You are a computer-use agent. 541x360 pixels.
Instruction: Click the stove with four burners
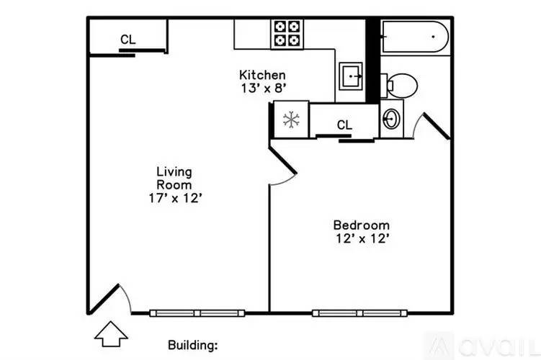286,34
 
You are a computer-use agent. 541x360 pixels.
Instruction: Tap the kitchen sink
352,75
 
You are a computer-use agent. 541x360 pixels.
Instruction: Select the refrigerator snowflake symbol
291,120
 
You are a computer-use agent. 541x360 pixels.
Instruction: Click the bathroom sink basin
392,119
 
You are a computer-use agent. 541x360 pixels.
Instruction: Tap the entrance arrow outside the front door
111,333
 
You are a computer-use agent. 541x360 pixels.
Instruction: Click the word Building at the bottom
192,345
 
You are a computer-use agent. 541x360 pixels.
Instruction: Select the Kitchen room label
262,75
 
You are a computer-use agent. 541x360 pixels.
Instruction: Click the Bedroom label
362,225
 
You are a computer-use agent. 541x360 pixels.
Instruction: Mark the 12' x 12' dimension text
362,239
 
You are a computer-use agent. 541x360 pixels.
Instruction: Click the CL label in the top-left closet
128,40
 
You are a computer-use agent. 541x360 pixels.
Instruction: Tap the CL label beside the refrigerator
345,125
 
